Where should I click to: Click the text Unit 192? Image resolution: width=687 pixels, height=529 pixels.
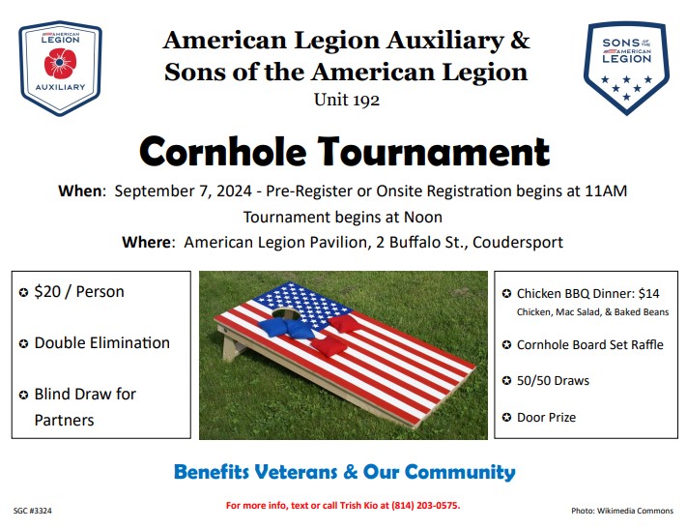pyautogui.click(x=345, y=99)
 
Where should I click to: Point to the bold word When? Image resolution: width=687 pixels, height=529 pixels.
pyautogui.click(x=80, y=191)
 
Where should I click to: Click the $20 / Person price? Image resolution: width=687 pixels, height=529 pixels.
pyautogui.click(x=79, y=291)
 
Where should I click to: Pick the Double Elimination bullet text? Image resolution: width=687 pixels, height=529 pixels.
pyautogui.click(x=101, y=342)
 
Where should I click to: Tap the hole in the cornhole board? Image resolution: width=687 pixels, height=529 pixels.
pyautogui.click(x=282, y=314)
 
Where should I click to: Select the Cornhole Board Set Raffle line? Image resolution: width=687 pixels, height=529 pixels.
pyautogui.click(x=589, y=344)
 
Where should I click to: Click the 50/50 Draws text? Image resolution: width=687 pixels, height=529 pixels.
pyautogui.click(x=553, y=381)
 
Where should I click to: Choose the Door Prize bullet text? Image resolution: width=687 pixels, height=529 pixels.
pyautogui.click(x=546, y=417)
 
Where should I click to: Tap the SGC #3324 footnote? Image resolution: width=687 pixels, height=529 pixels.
pyautogui.click(x=33, y=509)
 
